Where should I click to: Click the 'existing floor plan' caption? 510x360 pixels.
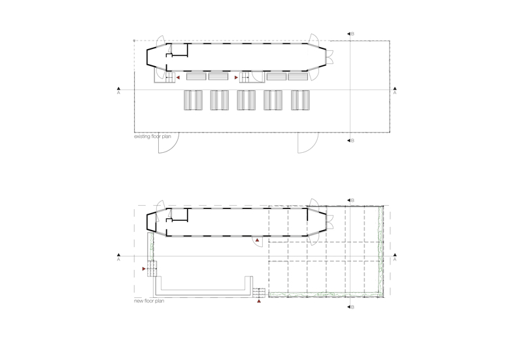coord(152,137)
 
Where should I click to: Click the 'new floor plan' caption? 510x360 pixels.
coord(149,301)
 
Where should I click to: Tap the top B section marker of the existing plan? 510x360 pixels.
coord(350,34)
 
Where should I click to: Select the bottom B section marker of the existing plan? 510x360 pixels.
coord(350,140)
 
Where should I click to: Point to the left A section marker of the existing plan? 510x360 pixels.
coord(119,91)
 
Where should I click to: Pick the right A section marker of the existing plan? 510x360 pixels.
coord(395,91)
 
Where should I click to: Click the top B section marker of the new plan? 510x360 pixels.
coord(350,201)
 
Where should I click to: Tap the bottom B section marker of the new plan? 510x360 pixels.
coord(350,307)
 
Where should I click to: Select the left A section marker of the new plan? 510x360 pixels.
coord(119,257)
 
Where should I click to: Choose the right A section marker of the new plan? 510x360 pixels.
coord(395,257)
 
